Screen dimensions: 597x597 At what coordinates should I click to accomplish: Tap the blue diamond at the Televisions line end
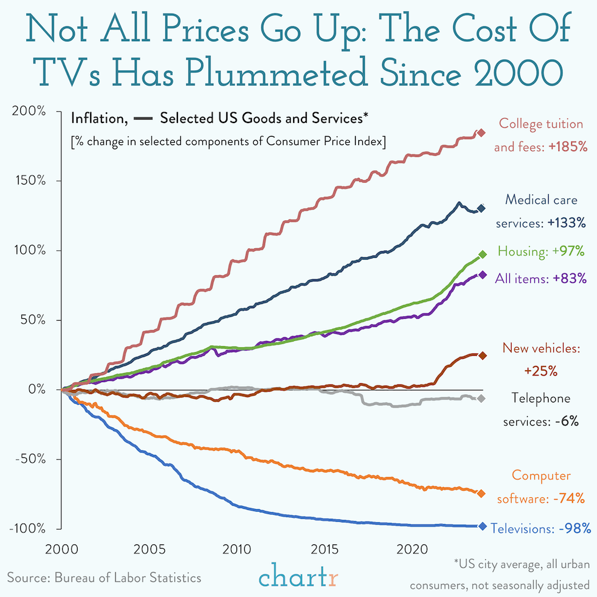click(482, 526)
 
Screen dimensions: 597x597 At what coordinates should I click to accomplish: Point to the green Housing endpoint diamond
click(483, 254)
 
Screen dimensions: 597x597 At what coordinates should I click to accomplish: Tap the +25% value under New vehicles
click(540, 371)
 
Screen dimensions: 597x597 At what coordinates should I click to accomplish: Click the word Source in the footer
click(28, 578)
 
